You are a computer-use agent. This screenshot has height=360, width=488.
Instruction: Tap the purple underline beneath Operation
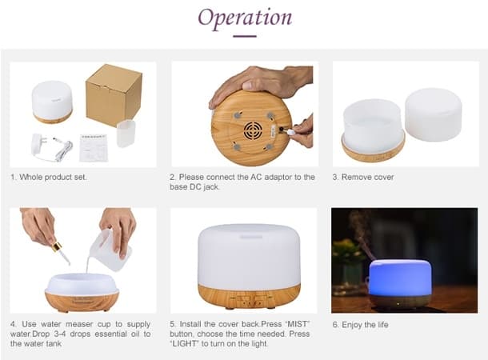244,35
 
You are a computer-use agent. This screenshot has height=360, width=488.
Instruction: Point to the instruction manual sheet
94,149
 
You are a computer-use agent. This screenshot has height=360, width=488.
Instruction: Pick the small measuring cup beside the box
126,133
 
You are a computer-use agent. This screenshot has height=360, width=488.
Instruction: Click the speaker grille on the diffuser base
253,132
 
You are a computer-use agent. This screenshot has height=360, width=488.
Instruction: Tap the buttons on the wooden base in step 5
247,301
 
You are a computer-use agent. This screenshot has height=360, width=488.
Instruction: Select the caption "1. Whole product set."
49,177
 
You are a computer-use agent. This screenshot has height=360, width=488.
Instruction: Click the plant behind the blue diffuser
349,256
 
